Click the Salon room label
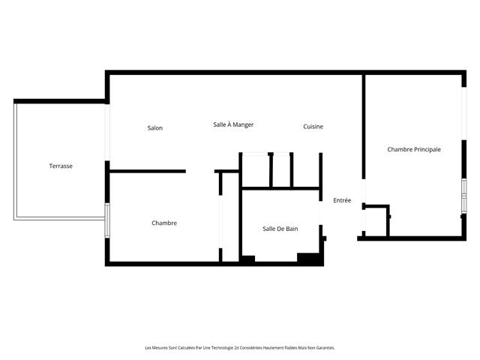[x=155, y=127]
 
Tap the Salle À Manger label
[x=233, y=124]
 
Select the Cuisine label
[x=313, y=127]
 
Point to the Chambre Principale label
[x=414, y=149]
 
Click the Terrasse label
[x=61, y=166]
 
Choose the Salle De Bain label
[x=280, y=229]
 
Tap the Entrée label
[x=342, y=200]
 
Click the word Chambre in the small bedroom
[x=164, y=223]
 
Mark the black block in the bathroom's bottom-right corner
[x=309, y=259]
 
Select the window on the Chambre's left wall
[x=107, y=220]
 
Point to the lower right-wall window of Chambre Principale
[x=463, y=196]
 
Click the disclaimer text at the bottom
[x=240, y=347]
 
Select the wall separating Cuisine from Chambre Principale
[x=364, y=124]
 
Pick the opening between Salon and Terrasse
[x=107, y=132]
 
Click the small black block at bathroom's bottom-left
[x=247, y=259]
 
